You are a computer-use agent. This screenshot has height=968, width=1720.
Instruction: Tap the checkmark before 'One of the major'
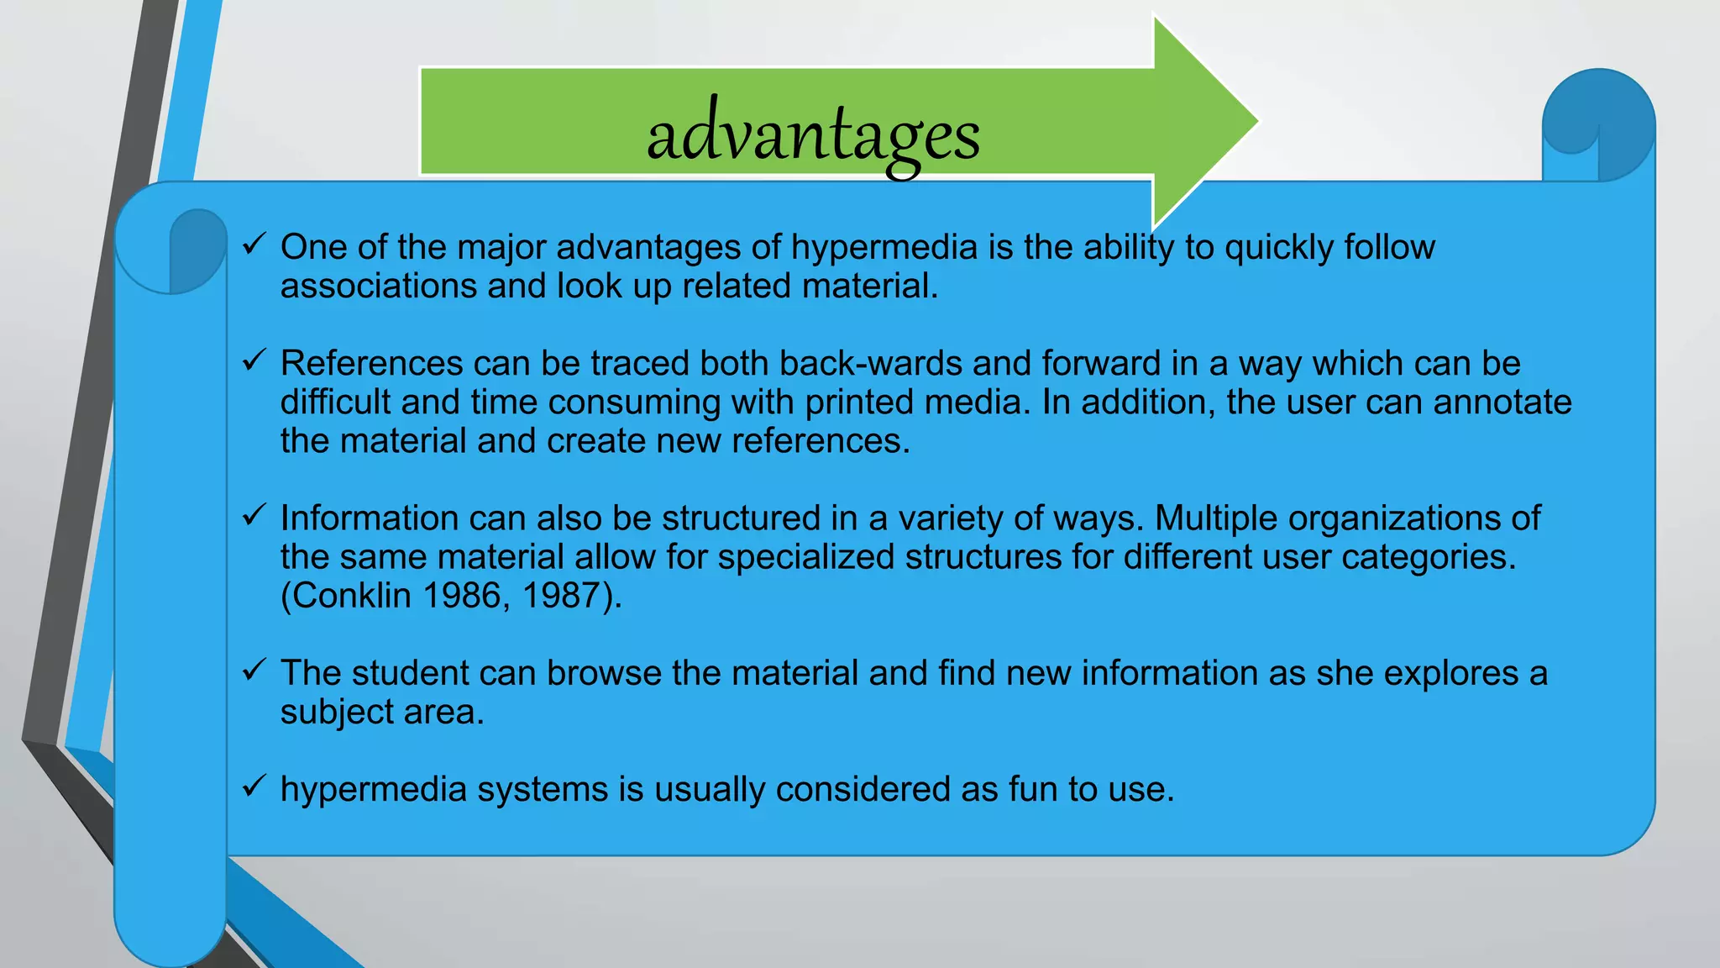click(254, 245)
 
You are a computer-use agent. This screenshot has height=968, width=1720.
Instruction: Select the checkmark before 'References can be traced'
click(254, 360)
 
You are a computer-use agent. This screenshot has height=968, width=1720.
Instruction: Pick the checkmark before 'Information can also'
click(254, 515)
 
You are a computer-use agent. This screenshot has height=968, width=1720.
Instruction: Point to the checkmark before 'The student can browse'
click(254, 670)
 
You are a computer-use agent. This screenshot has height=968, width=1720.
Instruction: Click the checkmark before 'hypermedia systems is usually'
click(254, 786)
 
